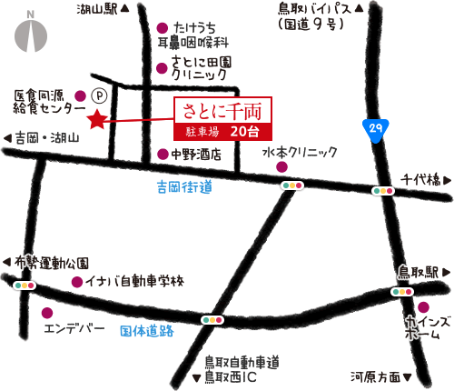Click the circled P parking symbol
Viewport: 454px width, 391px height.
(100, 94)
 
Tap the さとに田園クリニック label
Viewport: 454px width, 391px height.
(201, 69)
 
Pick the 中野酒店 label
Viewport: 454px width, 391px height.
(196, 155)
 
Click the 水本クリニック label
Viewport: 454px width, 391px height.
(300, 153)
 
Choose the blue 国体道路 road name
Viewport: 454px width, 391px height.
(146, 331)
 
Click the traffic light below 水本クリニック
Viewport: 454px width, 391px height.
(292, 185)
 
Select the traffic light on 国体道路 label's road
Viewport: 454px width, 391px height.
(213, 320)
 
